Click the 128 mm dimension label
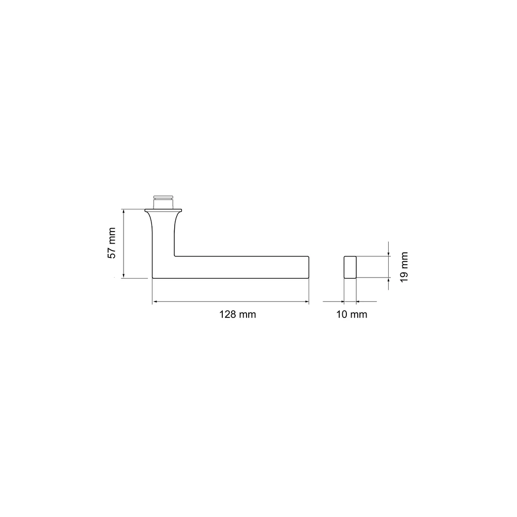(238, 314)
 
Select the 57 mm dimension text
(112, 243)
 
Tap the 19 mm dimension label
(404, 267)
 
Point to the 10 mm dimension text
(352, 314)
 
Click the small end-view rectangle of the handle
(350, 267)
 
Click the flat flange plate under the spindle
(163, 210)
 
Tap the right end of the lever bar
(309, 267)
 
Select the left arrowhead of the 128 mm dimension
(155, 301)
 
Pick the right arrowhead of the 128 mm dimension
(306, 301)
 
